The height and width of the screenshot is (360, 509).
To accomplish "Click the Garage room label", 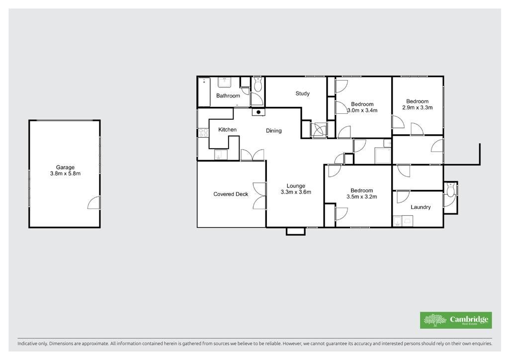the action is pyautogui.click(x=65, y=168).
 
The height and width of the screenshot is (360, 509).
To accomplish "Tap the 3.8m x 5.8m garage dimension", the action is pyautogui.click(x=65, y=174).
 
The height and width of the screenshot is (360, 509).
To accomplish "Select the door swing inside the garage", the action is pyautogui.click(x=94, y=202).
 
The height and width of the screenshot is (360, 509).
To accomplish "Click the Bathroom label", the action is pyautogui.click(x=228, y=96).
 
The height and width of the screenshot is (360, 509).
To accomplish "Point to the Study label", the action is pyautogui.click(x=303, y=93).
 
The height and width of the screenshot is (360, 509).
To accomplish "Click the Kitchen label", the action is pyautogui.click(x=227, y=129).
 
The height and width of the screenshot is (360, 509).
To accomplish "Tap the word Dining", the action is pyautogui.click(x=274, y=131).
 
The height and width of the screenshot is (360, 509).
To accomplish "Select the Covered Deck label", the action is pyautogui.click(x=231, y=194).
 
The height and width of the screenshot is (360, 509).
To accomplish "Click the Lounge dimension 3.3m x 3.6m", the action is pyautogui.click(x=296, y=192).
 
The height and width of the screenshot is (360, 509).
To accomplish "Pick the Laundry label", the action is pyautogui.click(x=421, y=207).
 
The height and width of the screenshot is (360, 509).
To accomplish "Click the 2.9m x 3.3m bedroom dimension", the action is pyautogui.click(x=418, y=108).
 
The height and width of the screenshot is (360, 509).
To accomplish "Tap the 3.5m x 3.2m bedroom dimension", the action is pyautogui.click(x=362, y=197).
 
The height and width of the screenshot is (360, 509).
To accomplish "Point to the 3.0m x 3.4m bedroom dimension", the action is pyautogui.click(x=362, y=110).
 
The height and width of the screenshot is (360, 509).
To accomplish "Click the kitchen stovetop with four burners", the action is pyautogui.click(x=203, y=133).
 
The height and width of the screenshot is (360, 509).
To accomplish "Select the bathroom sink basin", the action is pyautogui.click(x=224, y=83).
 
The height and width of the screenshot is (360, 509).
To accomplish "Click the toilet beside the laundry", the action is pyautogui.click(x=450, y=190).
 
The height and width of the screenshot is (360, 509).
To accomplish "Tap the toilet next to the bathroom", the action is pyautogui.click(x=258, y=85).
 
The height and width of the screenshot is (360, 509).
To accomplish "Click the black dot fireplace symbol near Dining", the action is pyautogui.click(x=258, y=112).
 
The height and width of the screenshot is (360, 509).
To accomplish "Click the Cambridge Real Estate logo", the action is pyautogui.click(x=456, y=320).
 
